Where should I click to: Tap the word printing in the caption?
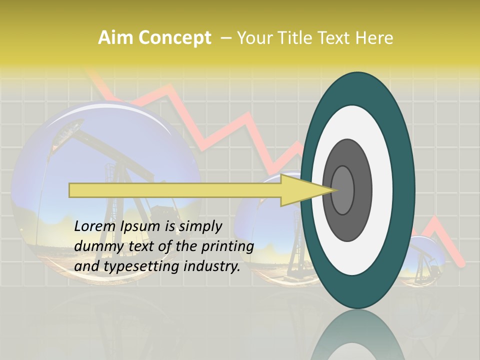click(227, 246)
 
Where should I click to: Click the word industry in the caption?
click(212, 266)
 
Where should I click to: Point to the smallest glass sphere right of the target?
click(425, 260)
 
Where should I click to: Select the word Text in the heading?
click(336, 38)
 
